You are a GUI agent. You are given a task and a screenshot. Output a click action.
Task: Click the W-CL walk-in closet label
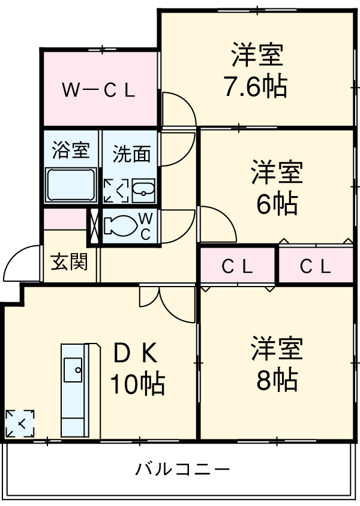click(x=100, y=91)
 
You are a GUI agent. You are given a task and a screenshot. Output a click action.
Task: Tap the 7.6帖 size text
click(x=255, y=88)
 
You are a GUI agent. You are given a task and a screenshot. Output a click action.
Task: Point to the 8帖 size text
click(x=277, y=380)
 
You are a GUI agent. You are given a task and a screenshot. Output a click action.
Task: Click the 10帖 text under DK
click(x=137, y=384)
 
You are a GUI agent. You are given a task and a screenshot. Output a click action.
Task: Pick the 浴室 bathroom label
click(x=70, y=150)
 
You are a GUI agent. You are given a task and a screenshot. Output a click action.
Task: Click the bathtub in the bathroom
click(x=71, y=185)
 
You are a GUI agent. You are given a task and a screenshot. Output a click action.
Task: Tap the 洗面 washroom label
click(x=132, y=154)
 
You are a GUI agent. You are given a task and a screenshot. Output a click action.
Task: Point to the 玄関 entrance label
click(x=68, y=262)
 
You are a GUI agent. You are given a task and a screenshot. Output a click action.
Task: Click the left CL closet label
click(x=238, y=266)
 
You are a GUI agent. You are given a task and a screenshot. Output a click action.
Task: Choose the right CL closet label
click(x=316, y=266)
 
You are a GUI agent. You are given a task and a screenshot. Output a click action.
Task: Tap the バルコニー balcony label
click(x=182, y=468)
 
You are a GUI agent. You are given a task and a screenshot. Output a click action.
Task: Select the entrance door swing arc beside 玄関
click(x=18, y=264)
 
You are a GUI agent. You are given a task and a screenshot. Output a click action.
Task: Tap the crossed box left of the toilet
click(x=95, y=227)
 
